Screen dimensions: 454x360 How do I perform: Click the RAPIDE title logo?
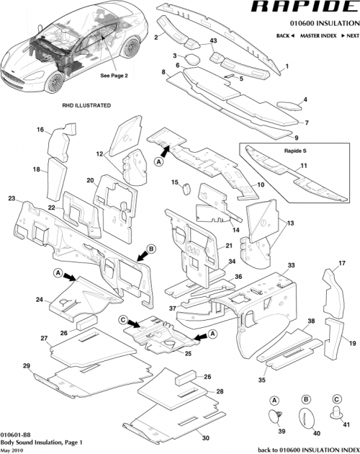(x=296, y=9)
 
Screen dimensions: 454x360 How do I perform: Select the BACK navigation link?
(x=284, y=35)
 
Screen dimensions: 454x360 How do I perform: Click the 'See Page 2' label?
(x=113, y=75)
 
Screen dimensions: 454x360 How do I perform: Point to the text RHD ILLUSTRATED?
(x=87, y=105)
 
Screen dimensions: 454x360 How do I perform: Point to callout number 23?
(x=11, y=197)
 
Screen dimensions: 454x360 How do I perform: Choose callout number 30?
(x=205, y=437)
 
